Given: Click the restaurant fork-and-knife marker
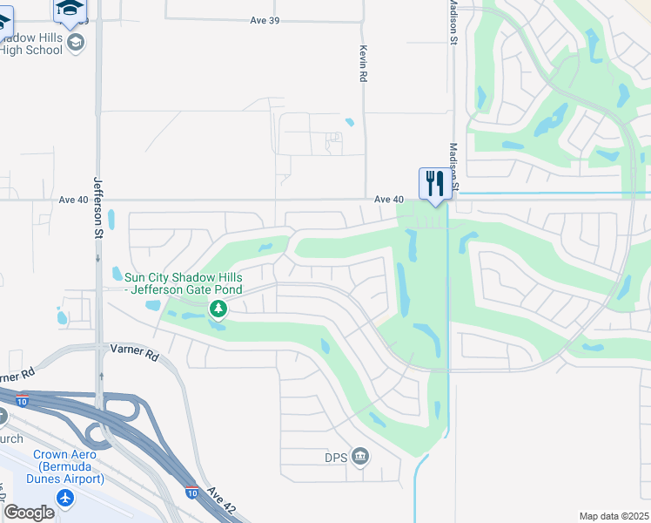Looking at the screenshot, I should [x=434, y=183].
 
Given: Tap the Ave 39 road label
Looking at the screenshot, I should [x=263, y=20].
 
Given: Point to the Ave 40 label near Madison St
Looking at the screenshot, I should [x=389, y=200].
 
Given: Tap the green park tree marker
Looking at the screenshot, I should [x=218, y=308].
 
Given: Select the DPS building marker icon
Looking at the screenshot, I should [x=360, y=456].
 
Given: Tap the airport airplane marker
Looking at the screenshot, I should [x=65, y=498].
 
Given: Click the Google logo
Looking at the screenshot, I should [x=29, y=513].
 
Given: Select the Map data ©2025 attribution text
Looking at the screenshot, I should [x=614, y=516].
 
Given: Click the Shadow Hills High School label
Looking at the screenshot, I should [x=31, y=44].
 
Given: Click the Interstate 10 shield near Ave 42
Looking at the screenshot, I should [x=191, y=492].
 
